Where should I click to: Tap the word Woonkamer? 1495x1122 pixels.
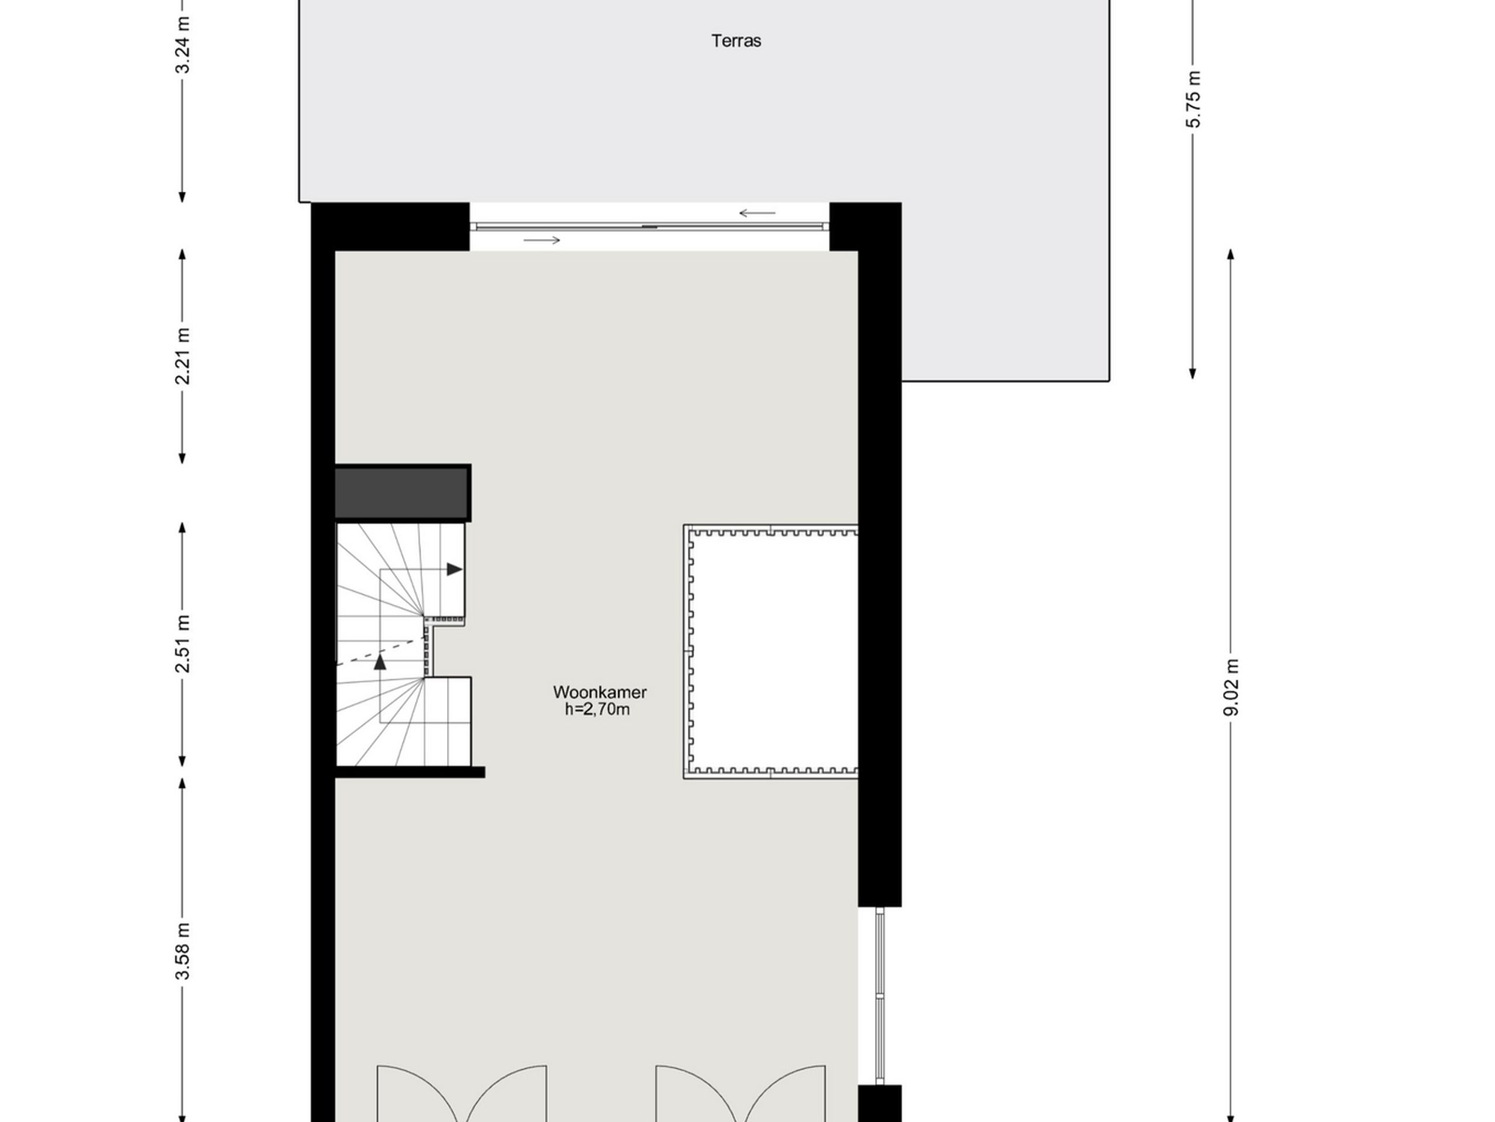[600, 692]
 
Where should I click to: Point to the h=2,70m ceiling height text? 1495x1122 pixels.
[597, 709]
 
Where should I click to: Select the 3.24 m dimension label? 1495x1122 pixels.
[182, 44]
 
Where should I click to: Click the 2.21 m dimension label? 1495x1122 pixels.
[182, 356]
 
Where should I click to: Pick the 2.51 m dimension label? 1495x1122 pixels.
[182, 644]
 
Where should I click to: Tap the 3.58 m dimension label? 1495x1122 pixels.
[182, 950]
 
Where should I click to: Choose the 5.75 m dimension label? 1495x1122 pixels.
[1194, 99]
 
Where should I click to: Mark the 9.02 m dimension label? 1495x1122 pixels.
[1232, 687]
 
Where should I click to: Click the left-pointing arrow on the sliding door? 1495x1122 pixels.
[757, 213]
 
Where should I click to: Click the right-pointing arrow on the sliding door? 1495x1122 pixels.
[542, 240]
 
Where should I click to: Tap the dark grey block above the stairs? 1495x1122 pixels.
[403, 493]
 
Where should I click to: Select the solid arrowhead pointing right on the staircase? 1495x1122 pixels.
[454, 569]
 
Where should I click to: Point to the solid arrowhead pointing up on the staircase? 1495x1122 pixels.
[381, 662]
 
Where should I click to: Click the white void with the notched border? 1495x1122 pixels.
[774, 652]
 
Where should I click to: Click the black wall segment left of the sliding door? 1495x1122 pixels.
[391, 227]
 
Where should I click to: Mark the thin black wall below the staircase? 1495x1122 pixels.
[410, 773]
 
